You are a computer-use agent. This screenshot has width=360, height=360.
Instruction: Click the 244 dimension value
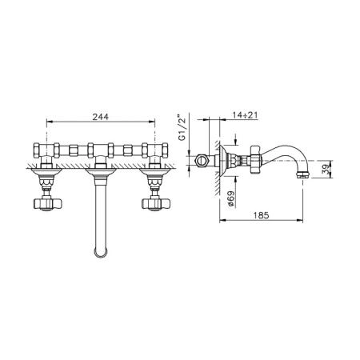click(x=101, y=117)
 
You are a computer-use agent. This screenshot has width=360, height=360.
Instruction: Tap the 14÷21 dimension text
click(x=245, y=115)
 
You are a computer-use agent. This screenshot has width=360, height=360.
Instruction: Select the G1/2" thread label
click(x=182, y=127)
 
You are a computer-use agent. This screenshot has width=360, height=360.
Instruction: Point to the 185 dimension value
click(x=262, y=215)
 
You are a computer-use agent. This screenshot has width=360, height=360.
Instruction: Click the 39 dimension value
click(x=326, y=169)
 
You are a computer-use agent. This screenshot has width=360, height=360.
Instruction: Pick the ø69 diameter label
click(x=231, y=198)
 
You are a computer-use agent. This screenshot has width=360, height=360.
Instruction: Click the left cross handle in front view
click(x=47, y=203)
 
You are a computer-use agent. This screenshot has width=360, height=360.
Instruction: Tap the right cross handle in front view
click(x=155, y=203)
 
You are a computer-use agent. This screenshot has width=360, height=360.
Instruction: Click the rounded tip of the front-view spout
click(x=101, y=253)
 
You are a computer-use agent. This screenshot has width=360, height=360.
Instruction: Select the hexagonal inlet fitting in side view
click(x=202, y=161)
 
